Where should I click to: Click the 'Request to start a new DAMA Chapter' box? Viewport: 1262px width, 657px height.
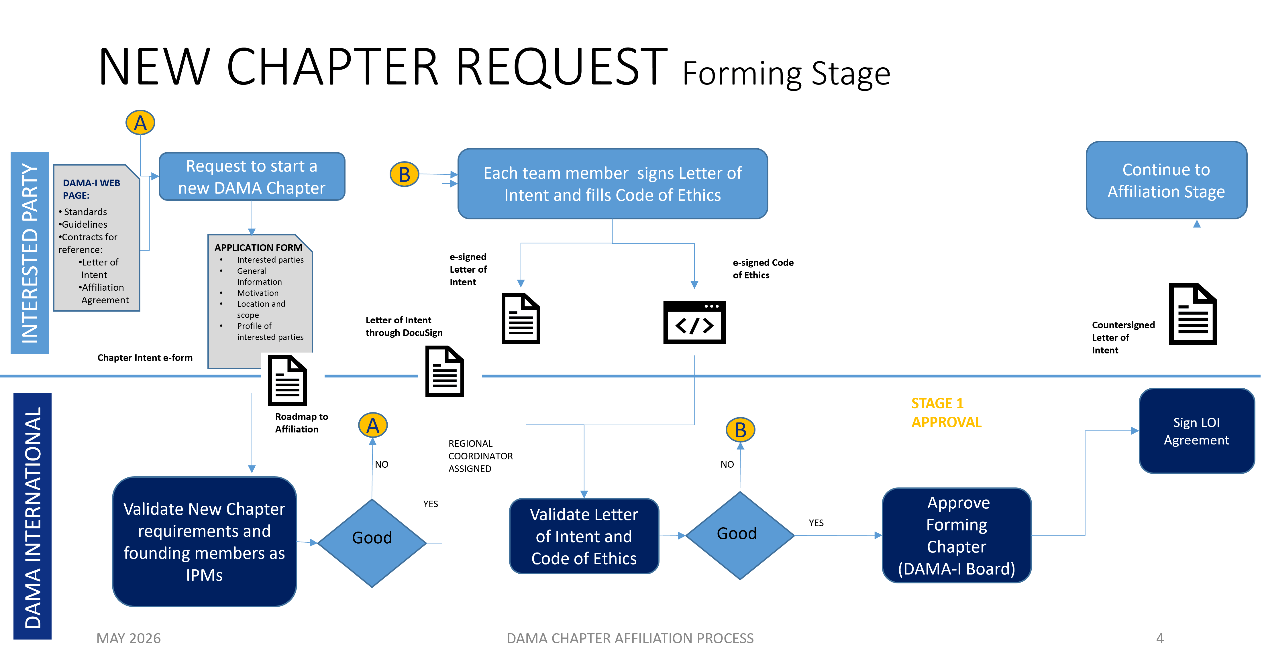click(x=252, y=177)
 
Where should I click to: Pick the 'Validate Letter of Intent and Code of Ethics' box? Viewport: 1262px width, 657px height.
click(x=584, y=536)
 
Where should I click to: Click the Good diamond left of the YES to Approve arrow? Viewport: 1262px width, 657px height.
click(x=740, y=535)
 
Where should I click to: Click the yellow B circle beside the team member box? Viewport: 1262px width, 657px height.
click(x=404, y=174)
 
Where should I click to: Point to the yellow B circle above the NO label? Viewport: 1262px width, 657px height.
click(x=740, y=430)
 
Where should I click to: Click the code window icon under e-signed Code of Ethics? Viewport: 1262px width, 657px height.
click(x=694, y=322)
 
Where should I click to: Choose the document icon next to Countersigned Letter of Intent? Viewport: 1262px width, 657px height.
click(x=1193, y=314)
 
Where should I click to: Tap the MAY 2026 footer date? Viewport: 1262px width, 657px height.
click(x=128, y=638)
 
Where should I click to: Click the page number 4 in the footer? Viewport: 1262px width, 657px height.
click(x=1160, y=638)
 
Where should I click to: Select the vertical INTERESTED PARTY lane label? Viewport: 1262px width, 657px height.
click(x=30, y=253)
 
